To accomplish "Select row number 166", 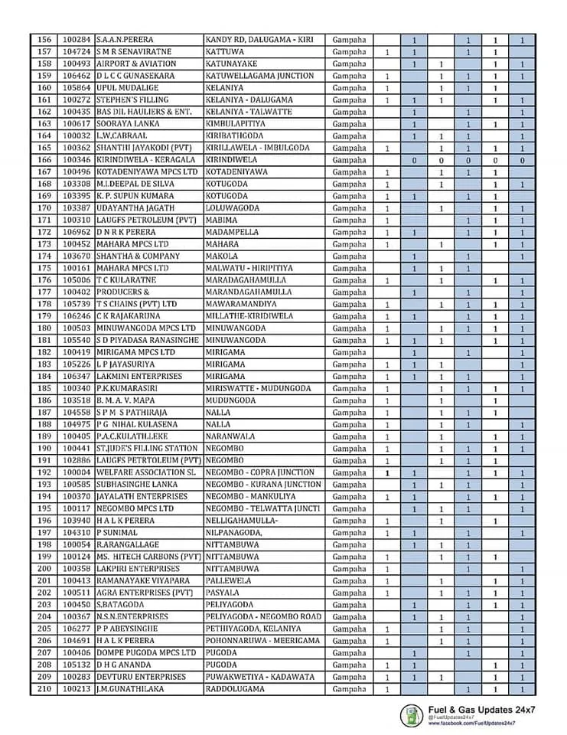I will coord(43,159).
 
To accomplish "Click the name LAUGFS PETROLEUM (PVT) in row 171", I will coord(146,220).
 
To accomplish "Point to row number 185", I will coord(43,388).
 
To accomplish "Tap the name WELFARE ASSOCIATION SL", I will coord(146,472).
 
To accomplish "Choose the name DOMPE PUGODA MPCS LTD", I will coord(146,653).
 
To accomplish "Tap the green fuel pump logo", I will coord(412,716).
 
